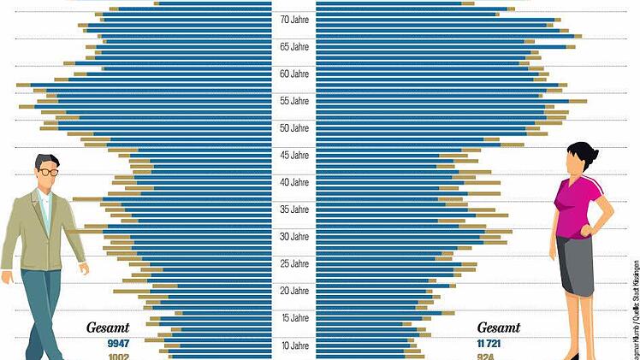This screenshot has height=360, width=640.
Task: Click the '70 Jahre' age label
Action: point(293,19)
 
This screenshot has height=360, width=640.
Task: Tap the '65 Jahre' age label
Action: point(293,46)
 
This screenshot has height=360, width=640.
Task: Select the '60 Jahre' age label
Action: point(293,74)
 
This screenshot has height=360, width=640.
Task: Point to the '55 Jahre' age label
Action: point(293,101)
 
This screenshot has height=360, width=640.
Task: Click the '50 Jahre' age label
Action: point(293,128)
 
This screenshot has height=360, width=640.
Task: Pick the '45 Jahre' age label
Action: point(293,156)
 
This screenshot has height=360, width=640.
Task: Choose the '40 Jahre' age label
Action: point(293,182)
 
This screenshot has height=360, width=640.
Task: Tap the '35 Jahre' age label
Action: point(293,210)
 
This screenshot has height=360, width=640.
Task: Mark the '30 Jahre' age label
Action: point(293,237)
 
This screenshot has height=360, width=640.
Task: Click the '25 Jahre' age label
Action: point(293,264)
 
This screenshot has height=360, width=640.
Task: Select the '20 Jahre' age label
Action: point(293,292)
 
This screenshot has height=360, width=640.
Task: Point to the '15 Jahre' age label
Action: point(293,319)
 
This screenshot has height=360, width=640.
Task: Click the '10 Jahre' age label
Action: point(293,346)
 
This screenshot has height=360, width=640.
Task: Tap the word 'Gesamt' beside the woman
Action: point(499,328)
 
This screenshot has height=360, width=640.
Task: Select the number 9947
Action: point(117,343)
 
